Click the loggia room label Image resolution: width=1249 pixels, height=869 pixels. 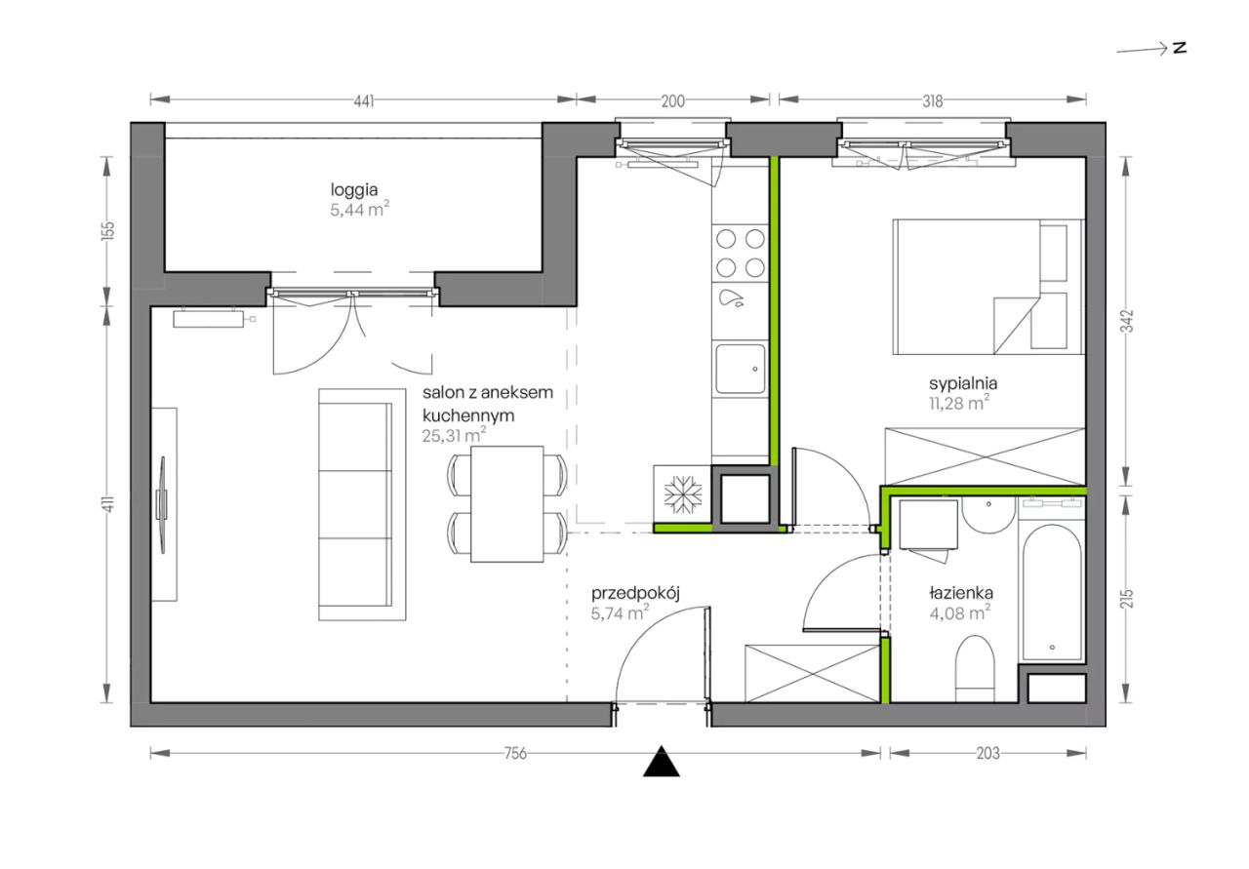pyautogui.click(x=353, y=190)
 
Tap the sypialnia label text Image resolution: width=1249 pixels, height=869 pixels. pyautogui.click(x=963, y=384)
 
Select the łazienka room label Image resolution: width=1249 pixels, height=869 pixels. pyautogui.click(x=961, y=593)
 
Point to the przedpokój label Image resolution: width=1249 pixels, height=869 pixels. pyautogui.click(x=635, y=594)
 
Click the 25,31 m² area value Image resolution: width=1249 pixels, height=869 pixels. pyautogui.click(x=454, y=435)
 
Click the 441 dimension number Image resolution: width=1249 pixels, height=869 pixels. pyautogui.click(x=364, y=100)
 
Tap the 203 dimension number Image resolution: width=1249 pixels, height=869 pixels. pyautogui.click(x=987, y=754)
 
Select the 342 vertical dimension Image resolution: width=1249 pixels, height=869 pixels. pyautogui.click(x=1127, y=321)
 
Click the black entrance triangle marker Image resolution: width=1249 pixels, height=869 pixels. pyautogui.click(x=662, y=763)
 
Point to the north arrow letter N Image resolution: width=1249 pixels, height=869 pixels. pyautogui.click(x=1180, y=49)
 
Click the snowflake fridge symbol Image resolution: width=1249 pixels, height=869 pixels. pyautogui.click(x=682, y=494)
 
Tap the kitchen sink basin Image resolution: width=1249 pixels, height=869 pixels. pyautogui.click(x=741, y=369)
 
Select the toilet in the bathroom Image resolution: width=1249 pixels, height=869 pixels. pyautogui.click(x=975, y=668)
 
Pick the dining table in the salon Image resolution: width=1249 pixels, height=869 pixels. pyautogui.click(x=506, y=504)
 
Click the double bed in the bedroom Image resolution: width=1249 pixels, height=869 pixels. pyautogui.click(x=987, y=287)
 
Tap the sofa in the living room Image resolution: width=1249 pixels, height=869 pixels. pyautogui.click(x=362, y=504)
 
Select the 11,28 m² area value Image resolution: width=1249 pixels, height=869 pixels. pyautogui.click(x=959, y=403)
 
